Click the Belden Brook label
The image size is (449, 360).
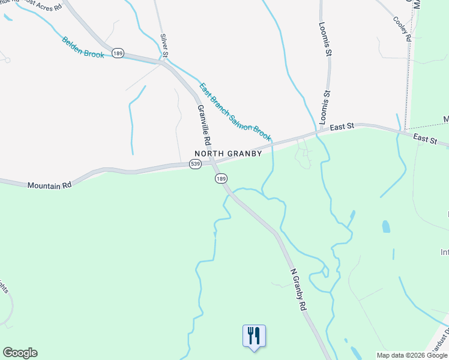point(83,47)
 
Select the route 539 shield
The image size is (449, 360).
point(195,164)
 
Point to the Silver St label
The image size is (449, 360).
point(164,44)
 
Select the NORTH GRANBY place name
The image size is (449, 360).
point(228,154)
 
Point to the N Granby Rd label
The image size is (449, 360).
point(298,289)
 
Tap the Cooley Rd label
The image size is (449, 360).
point(402,28)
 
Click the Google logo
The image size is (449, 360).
point(20,353)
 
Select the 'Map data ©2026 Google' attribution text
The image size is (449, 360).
point(412,355)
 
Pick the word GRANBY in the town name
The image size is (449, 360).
point(246,154)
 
